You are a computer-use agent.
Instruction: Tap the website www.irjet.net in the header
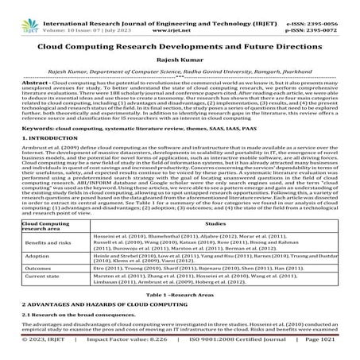180,14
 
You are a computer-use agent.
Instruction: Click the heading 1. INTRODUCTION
33,159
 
